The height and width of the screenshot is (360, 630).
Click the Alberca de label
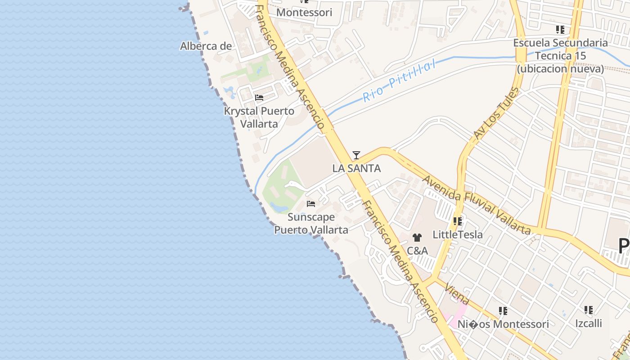(x=206, y=46)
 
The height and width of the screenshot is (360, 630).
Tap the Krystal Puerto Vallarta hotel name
(x=259, y=117)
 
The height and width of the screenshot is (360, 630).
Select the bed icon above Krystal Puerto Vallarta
(x=259, y=97)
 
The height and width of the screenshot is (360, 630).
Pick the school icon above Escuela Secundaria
(x=560, y=30)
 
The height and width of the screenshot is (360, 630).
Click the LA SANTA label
(x=356, y=168)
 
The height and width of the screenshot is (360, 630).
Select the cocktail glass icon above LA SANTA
(x=356, y=155)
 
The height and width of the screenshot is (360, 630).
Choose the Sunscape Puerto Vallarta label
(x=311, y=223)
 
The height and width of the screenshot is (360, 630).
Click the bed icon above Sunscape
(x=311, y=204)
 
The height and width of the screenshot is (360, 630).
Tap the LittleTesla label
(x=457, y=234)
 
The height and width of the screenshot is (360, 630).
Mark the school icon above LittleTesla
(x=458, y=221)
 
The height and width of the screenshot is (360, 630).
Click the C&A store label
(x=417, y=250)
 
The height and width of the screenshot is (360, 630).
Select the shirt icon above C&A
(x=417, y=238)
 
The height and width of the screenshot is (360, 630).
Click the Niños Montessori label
(x=503, y=324)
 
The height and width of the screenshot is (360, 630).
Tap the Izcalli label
(x=588, y=323)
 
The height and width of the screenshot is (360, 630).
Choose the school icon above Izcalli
(x=588, y=310)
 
